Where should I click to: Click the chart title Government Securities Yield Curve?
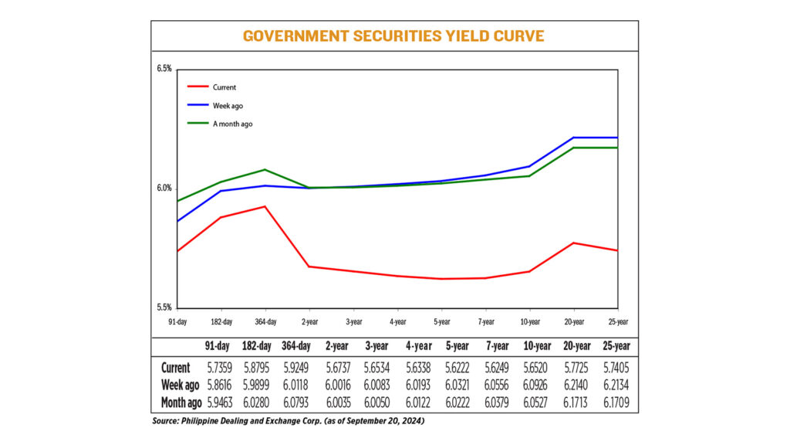point(393,36)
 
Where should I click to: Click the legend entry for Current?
point(225,87)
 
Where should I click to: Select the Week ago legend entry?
point(228,105)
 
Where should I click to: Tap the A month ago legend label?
point(232,124)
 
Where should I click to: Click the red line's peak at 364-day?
point(265,206)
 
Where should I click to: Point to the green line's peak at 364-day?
point(265,169)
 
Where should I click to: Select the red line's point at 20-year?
point(573,243)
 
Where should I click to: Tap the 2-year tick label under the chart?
point(309,321)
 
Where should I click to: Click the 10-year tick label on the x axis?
point(529,321)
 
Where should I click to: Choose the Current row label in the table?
point(177,367)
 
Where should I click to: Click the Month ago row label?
point(181,403)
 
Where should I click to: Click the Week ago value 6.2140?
point(572,385)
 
